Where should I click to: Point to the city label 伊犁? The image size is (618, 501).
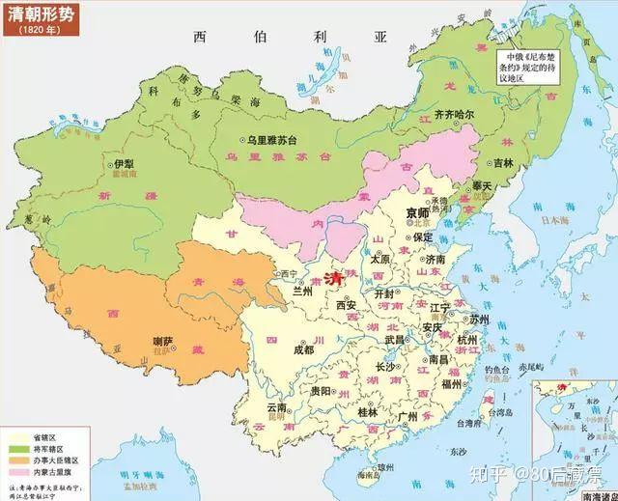point(124,164)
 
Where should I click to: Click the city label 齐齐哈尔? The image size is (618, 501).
point(454,114)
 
